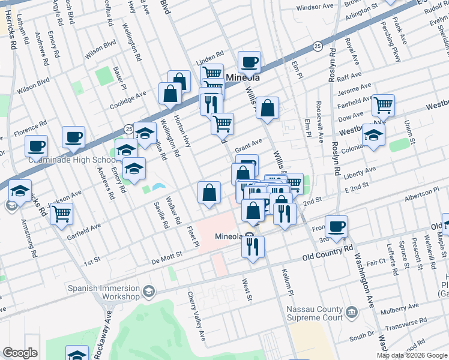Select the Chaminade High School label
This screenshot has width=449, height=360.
pyautogui.click(x=71, y=160)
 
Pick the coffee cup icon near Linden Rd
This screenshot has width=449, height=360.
pyautogui.click(x=249, y=61)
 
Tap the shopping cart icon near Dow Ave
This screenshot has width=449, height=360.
pyautogui.click(x=383, y=105)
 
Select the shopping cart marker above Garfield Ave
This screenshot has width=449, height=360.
pyautogui.click(x=62, y=213)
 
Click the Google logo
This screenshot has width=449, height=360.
pyautogui.click(x=20, y=353)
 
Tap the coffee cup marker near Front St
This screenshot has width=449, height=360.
pyautogui.click(x=337, y=226)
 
